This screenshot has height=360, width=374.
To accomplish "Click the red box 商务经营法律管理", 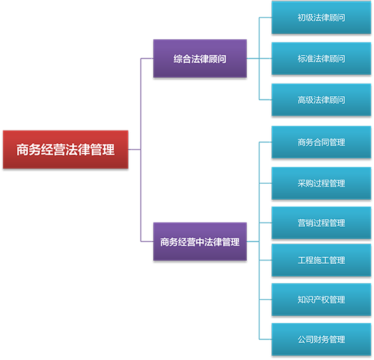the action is (x=65, y=150).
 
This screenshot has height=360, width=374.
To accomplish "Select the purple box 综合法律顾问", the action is (x=200, y=59).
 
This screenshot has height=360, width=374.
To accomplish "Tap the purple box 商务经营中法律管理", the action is (x=200, y=241).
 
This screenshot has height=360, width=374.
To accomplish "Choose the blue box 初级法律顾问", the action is (x=321, y=18).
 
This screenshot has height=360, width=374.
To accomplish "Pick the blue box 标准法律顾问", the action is (x=321, y=59).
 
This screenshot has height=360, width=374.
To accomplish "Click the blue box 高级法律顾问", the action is (x=321, y=100).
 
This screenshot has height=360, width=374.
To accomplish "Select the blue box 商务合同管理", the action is (x=321, y=143).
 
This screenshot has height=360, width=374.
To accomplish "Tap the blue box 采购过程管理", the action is (x=321, y=183).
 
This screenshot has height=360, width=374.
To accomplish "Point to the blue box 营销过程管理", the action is (x=321, y=223).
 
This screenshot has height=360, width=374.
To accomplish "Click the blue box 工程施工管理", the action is (x=321, y=260).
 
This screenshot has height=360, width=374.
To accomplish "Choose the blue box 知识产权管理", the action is (x=321, y=300).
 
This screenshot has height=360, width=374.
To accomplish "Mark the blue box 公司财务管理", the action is (x=321, y=339).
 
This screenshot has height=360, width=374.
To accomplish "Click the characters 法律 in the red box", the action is (x=78, y=150).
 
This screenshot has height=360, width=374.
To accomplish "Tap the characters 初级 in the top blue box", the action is (x=306, y=18).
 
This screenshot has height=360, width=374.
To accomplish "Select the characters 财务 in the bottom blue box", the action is (x=321, y=340).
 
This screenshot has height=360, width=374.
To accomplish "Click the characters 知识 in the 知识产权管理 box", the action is (x=306, y=300).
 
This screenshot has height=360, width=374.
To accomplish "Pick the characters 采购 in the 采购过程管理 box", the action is (x=306, y=183).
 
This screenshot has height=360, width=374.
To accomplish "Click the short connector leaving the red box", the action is (x=134, y=150).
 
